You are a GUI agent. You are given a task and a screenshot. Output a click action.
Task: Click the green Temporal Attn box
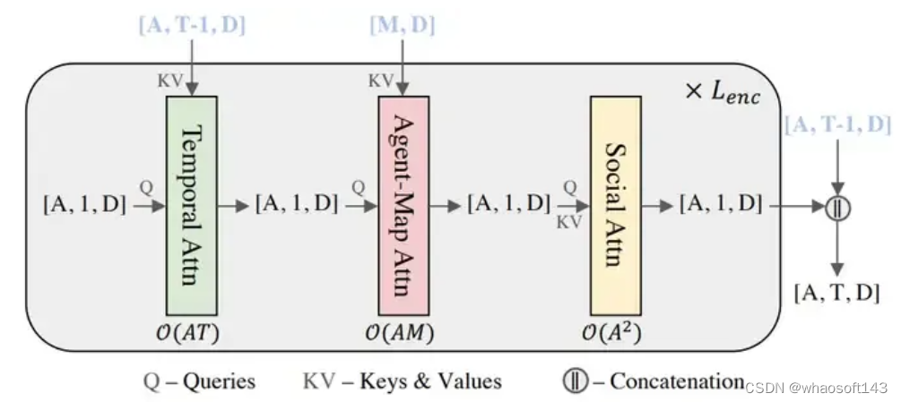coord(193,204)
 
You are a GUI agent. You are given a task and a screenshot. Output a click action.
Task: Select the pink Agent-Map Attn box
coord(403,204)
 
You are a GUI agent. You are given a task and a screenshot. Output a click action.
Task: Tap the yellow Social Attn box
coord(615,204)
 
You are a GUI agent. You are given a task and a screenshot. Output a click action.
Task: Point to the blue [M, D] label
coord(403,26)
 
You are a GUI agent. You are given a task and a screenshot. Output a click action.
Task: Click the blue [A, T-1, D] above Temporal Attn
coord(192,26)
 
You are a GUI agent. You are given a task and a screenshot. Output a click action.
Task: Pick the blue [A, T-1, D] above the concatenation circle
coord(837,124)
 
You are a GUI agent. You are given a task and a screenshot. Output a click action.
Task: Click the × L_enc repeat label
coord(722,92)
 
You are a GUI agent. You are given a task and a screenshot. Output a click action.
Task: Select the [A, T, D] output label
coord(837,292)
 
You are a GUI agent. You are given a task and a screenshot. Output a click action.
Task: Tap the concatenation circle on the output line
coord(837,206)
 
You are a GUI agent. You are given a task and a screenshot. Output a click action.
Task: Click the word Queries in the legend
coord(219,381)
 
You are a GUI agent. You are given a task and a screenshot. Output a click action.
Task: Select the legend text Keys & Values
coord(430,381)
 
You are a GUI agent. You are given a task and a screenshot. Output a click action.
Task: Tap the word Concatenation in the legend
coord(677,381)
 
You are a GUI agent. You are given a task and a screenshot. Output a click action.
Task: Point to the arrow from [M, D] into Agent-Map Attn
coord(403,67)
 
